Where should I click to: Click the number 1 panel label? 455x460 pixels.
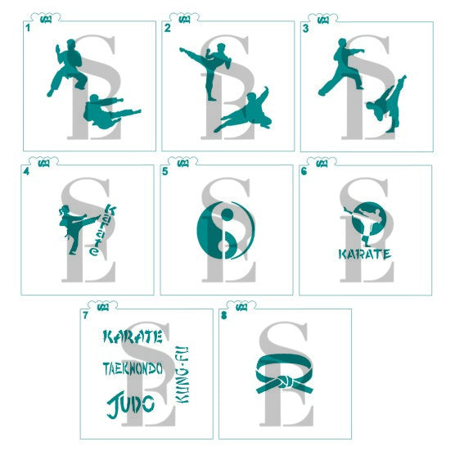(28, 27)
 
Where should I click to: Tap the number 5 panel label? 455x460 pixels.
(165, 172)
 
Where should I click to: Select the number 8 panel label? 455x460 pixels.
(223, 315)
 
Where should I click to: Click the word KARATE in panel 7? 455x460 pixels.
(133, 336)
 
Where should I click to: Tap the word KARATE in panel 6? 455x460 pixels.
(365, 253)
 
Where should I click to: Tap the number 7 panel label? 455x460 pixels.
(85, 315)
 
